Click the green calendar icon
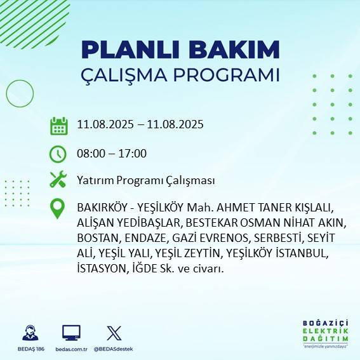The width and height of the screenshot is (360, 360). [58, 125]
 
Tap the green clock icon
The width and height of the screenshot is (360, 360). [58, 154]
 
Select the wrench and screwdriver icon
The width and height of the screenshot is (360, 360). [58, 180]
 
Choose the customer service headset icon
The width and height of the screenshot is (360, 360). [29, 333]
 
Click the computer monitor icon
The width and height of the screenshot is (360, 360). [71, 333]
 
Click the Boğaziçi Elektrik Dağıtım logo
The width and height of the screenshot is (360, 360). [325, 333]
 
